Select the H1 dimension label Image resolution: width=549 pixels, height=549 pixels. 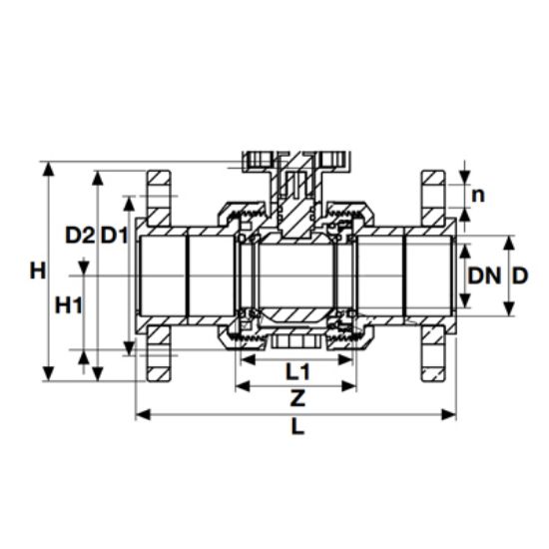[x=68, y=304]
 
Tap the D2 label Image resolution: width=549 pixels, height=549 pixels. [x=80, y=236]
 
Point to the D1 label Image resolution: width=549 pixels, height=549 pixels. [x=114, y=236]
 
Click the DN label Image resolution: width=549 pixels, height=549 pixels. [x=482, y=274]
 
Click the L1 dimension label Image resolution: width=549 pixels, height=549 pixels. [x=297, y=371]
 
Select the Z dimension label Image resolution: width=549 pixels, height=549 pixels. [x=296, y=398]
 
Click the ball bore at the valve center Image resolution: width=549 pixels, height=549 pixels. [x=295, y=274]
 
